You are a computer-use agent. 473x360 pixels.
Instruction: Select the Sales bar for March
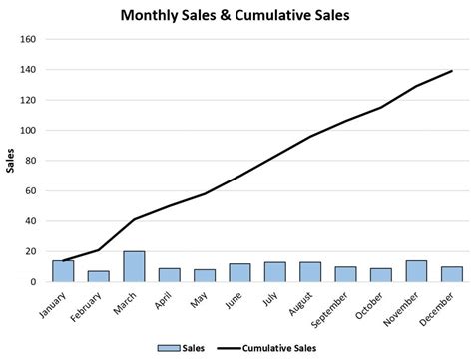click(134, 267)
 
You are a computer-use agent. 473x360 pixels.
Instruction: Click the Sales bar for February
click(99, 276)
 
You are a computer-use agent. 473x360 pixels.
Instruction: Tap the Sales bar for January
click(64, 271)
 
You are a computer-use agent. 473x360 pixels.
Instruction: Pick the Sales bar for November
click(415, 271)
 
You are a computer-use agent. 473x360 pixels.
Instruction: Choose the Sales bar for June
click(239, 272)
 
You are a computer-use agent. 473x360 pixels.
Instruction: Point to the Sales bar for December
click(450, 274)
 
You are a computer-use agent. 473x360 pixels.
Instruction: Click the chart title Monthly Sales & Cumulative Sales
click(236, 16)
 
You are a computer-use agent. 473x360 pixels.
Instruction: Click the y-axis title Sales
click(11, 160)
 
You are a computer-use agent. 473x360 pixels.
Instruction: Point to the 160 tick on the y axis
click(28, 40)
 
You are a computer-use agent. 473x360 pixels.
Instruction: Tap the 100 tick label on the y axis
click(28, 131)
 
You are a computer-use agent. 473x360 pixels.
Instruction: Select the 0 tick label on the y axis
click(33, 282)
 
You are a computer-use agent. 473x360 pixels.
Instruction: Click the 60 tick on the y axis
click(30, 191)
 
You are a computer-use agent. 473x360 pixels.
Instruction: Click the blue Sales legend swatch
click(168, 347)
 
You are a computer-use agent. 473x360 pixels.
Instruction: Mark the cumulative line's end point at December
click(451, 71)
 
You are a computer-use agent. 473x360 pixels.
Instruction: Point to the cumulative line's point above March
click(134, 219)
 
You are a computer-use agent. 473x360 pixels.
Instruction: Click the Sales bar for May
click(204, 275)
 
